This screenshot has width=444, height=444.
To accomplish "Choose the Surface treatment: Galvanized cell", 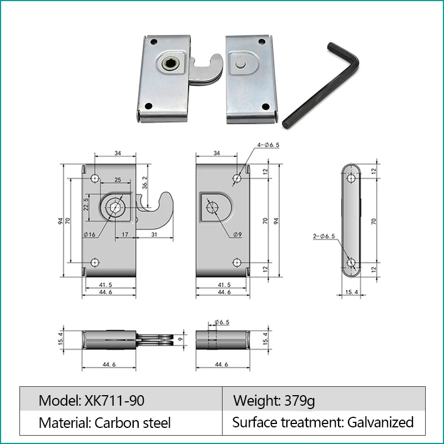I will (x=324, y=422).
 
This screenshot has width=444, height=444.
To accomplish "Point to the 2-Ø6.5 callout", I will (x=324, y=236).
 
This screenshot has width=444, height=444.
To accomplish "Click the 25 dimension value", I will (x=118, y=180).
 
